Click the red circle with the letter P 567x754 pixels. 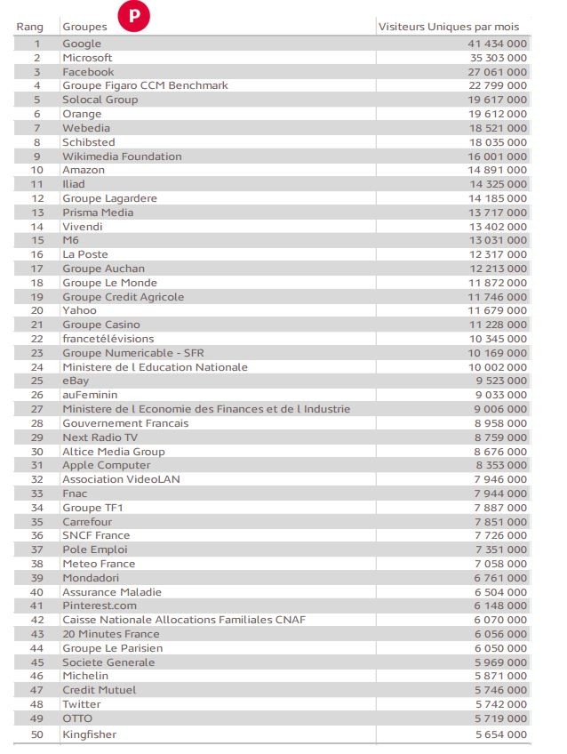(x=134, y=16)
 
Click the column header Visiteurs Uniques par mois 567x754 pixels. (x=449, y=27)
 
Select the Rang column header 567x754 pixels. (x=29, y=27)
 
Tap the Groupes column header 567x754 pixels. (x=84, y=27)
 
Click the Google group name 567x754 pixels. (x=82, y=44)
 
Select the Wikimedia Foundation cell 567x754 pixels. (x=122, y=156)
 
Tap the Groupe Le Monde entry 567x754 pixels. (x=109, y=283)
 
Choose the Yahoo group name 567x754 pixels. (x=79, y=310)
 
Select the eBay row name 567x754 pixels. (x=76, y=381)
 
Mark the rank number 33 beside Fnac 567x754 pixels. (x=37, y=493)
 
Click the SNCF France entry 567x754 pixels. (x=96, y=535)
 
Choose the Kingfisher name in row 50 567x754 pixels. (x=89, y=734)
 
